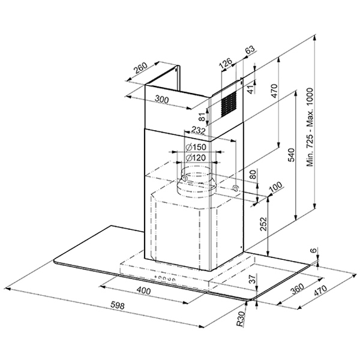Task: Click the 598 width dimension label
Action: pyautogui.click(x=118, y=305)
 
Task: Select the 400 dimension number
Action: pyautogui.click(x=144, y=291)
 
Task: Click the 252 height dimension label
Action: pyautogui.click(x=263, y=224)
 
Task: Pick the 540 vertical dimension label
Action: pyautogui.click(x=291, y=155)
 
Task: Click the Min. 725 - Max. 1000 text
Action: pyautogui.click(x=310, y=127)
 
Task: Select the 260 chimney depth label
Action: pyautogui.click(x=140, y=67)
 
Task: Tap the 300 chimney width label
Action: pyautogui.click(x=162, y=99)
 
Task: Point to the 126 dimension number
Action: pyautogui.click(x=226, y=63)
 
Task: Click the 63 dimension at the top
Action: pyautogui.click(x=250, y=50)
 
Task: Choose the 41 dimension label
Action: pyautogui.click(x=252, y=89)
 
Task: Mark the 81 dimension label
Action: pyautogui.click(x=202, y=117)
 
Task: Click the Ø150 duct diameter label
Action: pyautogui.click(x=196, y=147)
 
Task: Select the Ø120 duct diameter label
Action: pyautogui.click(x=196, y=158)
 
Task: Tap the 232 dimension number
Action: pyautogui.click(x=198, y=131)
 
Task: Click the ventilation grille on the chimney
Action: pyautogui.click(x=229, y=104)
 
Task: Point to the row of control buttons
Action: pyautogui.click(x=165, y=278)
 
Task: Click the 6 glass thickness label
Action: pyautogui.click(x=314, y=250)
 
